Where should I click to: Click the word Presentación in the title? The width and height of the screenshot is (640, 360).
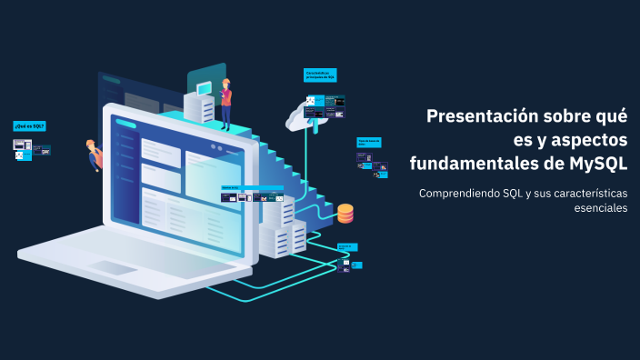point(477,116)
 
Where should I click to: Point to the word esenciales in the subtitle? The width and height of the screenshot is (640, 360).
point(600,208)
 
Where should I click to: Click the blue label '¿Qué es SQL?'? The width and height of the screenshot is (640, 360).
point(29,125)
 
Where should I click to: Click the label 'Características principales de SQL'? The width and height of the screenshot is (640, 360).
point(320,75)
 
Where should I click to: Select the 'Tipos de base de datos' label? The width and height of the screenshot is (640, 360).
point(368,143)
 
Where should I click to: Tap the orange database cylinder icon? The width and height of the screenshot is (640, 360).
point(345,214)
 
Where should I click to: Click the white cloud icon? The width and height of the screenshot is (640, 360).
point(303,115)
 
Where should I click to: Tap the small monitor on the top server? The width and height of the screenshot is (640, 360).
point(204,87)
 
